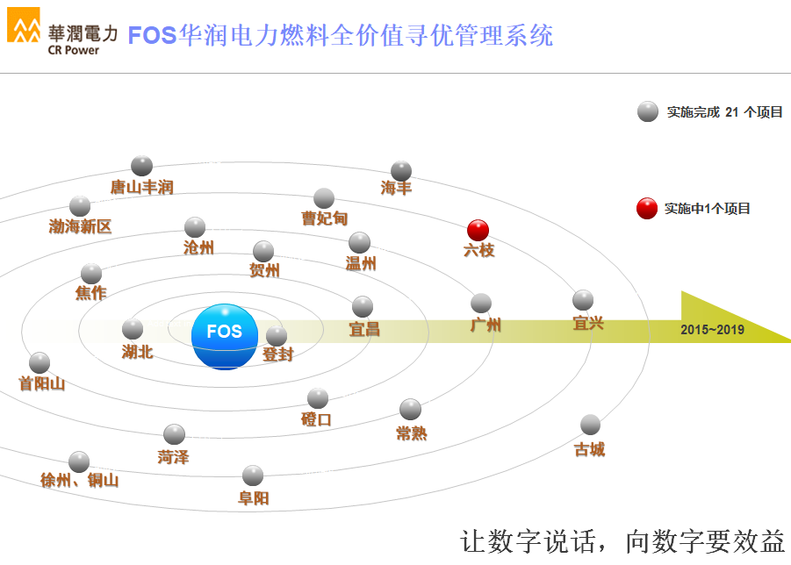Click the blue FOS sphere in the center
click(225, 336)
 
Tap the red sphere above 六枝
click(478, 230)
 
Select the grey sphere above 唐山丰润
click(141, 166)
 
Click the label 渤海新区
click(80, 227)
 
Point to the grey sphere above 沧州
click(195, 227)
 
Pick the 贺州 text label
click(264, 271)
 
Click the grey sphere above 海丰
click(401, 170)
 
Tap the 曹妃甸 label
click(325, 219)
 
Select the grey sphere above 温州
click(359, 242)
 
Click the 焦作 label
click(90, 293)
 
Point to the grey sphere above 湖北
click(133, 329)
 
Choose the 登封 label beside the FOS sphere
click(277, 355)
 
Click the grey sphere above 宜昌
click(363, 306)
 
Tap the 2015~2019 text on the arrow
click(712, 330)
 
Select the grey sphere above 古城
click(590, 425)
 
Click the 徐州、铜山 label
click(79, 481)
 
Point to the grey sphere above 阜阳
click(253, 476)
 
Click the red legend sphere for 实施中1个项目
click(647, 209)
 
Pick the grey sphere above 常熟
click(410, 409)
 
